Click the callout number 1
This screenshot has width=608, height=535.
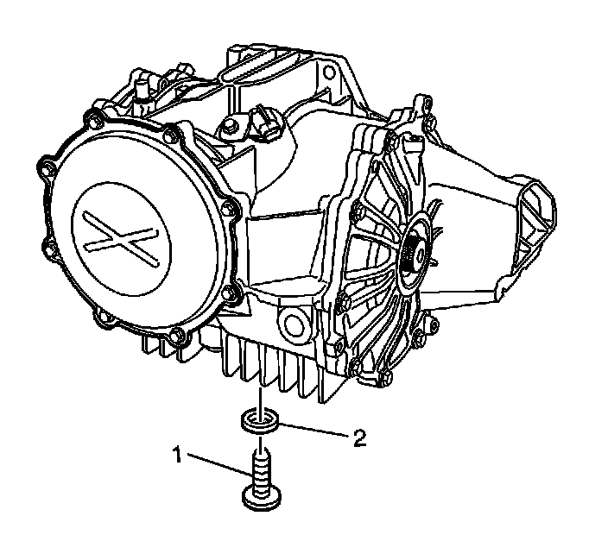[177, 455]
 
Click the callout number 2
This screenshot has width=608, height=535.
[359, 438]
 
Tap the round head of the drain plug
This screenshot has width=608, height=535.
[262, 498]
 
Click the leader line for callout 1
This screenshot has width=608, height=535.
[220, 463]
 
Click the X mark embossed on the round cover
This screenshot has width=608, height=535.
[121, 239]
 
